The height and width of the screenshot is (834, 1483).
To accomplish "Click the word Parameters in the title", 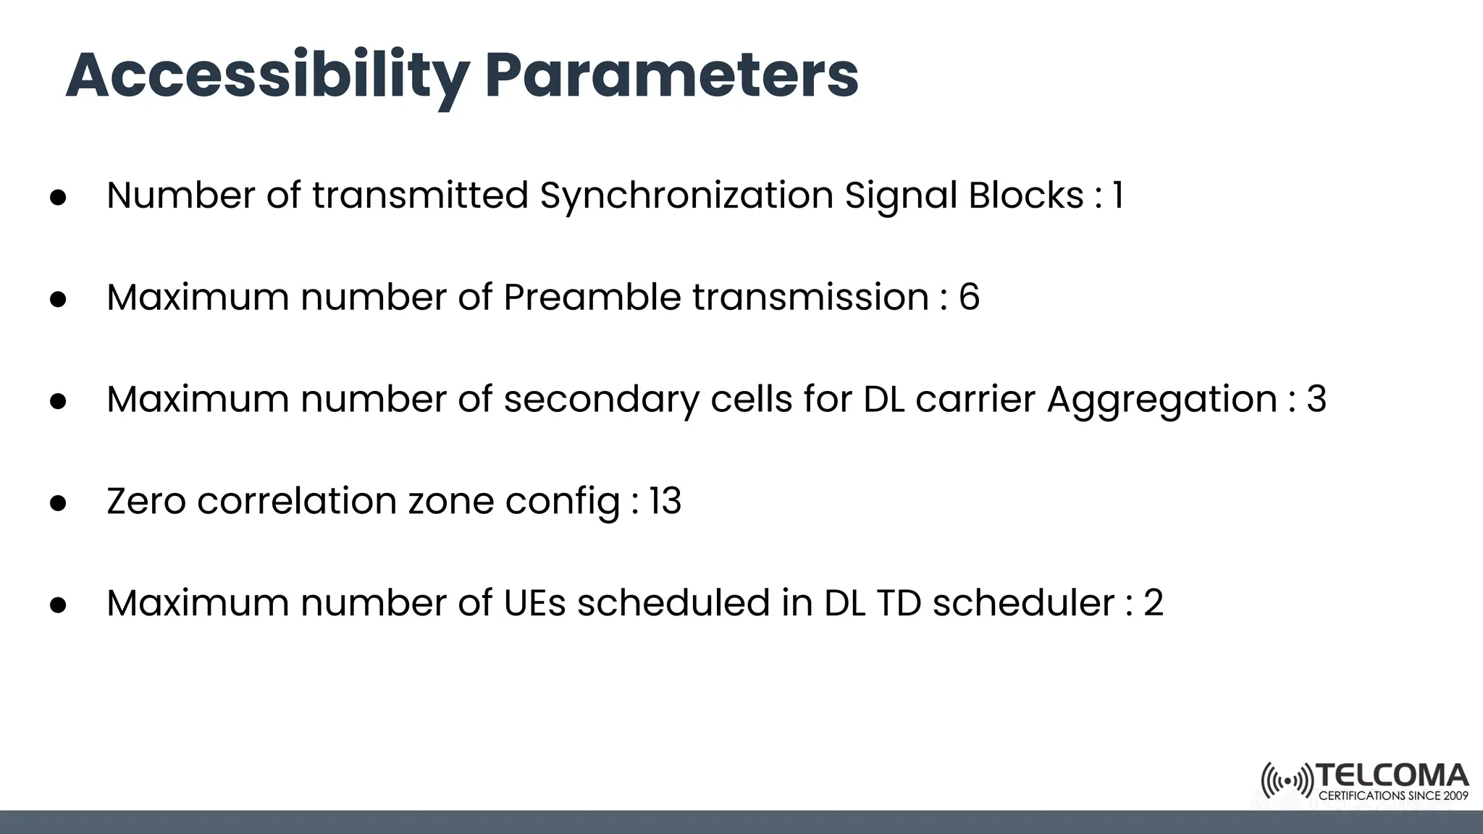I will [x=671, y=76].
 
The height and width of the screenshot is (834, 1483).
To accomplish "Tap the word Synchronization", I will [x=686, y=195].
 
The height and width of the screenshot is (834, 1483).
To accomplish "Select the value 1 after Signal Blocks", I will [x=1117, y=195].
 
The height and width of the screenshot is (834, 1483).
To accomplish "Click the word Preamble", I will [x=592, y=298].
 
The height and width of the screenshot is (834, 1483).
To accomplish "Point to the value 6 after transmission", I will [x=969, y=298].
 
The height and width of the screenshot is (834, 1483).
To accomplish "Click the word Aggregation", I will [x=1161, y=400].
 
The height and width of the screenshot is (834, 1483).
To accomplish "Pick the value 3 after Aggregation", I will [x=1316, y=400].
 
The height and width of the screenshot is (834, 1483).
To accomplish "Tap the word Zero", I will [x=146, y=501].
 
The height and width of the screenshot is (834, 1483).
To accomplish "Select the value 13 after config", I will [x=665, y=501].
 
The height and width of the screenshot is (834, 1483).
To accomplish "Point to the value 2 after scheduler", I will [x=1153, y=603].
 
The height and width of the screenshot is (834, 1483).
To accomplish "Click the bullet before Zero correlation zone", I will [x=59, y=503].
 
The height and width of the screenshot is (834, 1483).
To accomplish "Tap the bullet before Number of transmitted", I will [x=59, y=198].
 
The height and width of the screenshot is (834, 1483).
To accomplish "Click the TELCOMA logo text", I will [x=1392, y=776].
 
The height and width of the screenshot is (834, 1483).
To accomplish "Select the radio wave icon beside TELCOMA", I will [x=1287, y=781].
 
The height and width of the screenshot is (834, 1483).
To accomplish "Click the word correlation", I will [x=296, y=501].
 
